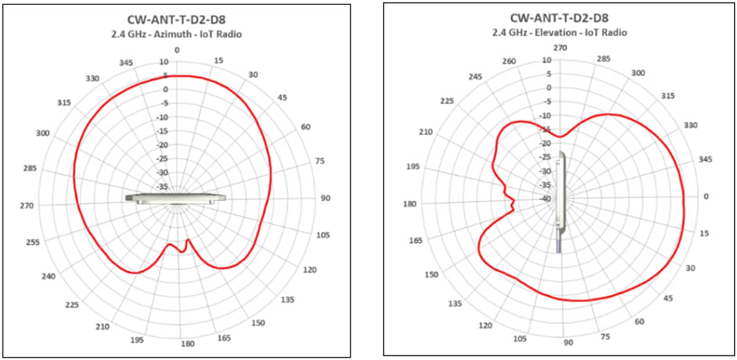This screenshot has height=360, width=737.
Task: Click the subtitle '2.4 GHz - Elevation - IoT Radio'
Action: pos(559,32)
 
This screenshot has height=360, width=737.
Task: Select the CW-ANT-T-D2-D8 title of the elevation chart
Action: pos(559,18)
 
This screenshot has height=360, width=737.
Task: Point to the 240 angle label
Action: pos(49,277)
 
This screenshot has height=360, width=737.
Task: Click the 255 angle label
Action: pos(33,243)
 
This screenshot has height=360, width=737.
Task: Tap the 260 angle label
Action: pos(508,62)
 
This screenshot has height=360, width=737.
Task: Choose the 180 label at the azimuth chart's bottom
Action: pos(188,343)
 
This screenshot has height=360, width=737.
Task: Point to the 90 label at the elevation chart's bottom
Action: pos(568,343)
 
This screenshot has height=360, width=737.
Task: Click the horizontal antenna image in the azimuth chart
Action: pos(175,198)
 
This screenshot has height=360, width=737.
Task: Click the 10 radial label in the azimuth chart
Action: pos(163,62)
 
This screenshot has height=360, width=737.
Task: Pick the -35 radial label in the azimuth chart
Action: pos(162,187)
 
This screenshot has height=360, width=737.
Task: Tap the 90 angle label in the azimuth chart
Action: pos(325,198)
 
